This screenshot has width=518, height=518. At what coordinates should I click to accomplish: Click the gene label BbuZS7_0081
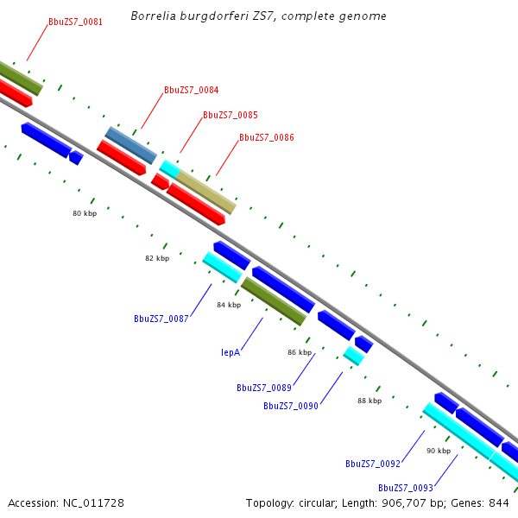(75, 22)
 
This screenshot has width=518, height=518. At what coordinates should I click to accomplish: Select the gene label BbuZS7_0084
(191, 90)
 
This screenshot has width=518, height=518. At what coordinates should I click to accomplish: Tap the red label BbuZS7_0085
(230, 115)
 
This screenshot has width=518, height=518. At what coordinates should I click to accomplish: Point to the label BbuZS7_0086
(266, 137)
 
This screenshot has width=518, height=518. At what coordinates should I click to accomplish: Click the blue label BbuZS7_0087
(161, 319)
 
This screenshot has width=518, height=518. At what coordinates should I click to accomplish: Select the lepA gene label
(230, 352)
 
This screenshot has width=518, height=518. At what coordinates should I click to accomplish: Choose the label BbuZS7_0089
(263, 388)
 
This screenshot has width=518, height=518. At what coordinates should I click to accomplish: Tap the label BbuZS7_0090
(291, 406)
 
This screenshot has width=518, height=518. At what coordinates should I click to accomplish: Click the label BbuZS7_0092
(372, 464)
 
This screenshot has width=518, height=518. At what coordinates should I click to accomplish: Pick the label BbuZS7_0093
(405, 488)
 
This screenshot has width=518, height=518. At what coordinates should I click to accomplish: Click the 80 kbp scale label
(85, 213)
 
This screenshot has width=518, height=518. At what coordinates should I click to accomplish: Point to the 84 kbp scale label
(229, 306)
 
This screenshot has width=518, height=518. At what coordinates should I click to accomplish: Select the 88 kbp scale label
(369, 401)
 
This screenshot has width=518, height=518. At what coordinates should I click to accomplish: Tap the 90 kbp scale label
(439, 451)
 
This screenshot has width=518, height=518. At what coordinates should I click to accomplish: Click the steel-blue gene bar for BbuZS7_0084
(131, 145)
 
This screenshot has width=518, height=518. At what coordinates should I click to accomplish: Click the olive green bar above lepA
(274, 301)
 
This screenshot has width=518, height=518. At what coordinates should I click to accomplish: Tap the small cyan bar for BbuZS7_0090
(353, 355)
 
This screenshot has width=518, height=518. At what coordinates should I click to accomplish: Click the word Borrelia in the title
(153, 16)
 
